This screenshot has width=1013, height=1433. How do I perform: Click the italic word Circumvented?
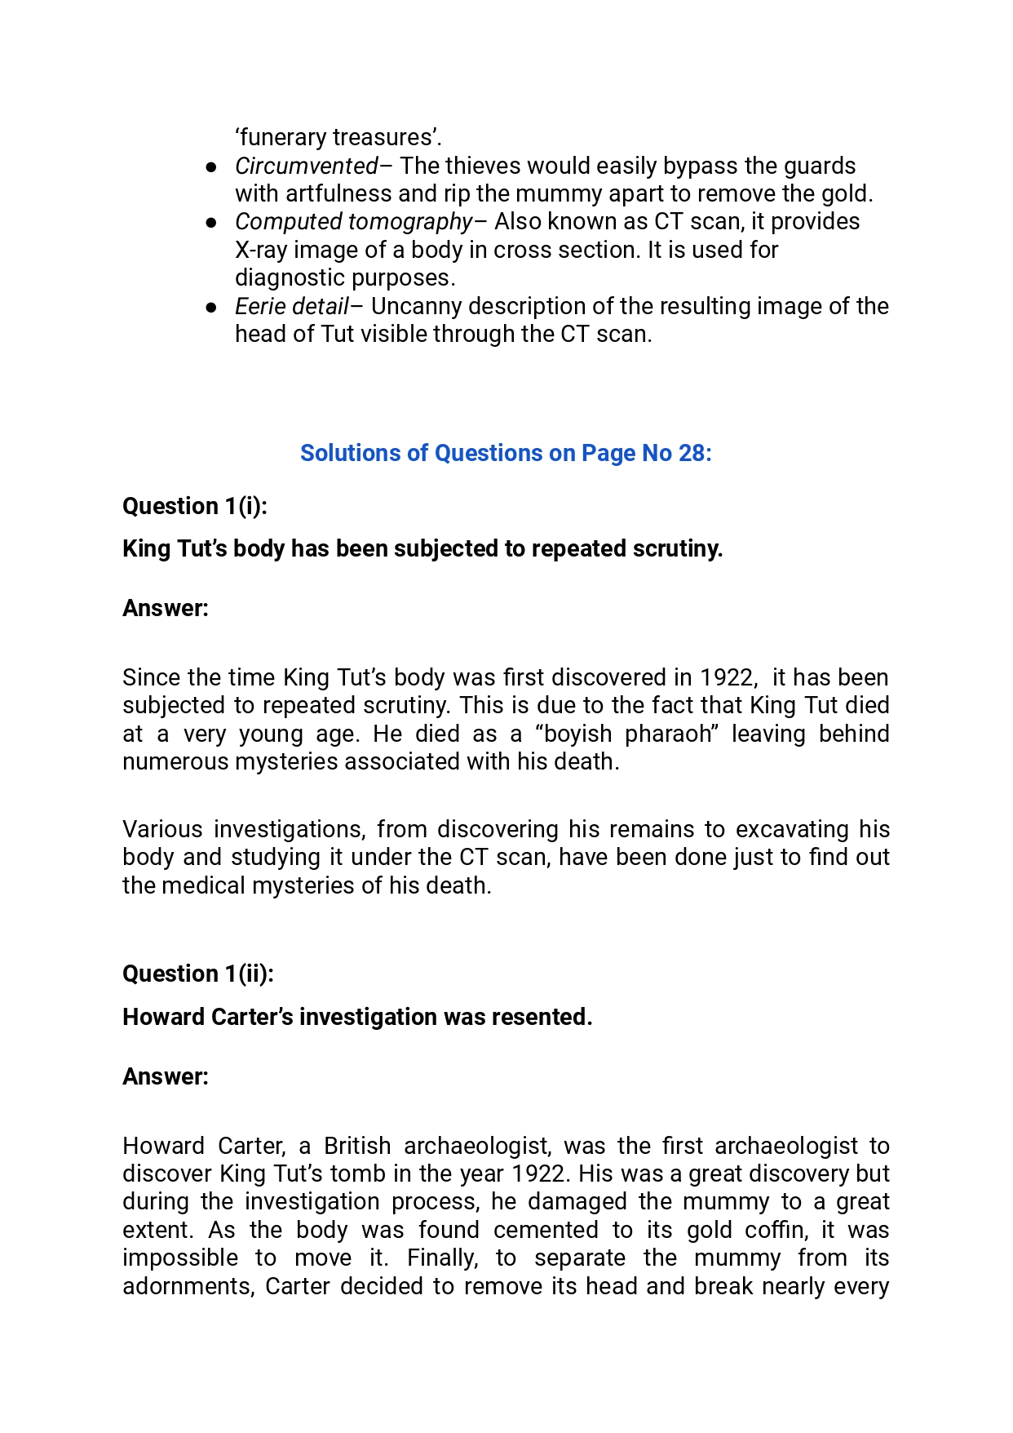(x=306, y=166)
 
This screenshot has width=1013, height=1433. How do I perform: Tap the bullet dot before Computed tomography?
(x=211, y=222)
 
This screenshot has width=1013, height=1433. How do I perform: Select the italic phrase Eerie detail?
(x=291, y=306)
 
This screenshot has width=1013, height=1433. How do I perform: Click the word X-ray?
(x=261, y=250)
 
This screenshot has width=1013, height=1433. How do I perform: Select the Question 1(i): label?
(x=195, y=506)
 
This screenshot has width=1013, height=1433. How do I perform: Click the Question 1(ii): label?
(x=198, y=974)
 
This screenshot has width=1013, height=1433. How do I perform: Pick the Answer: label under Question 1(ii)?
(x=166, y=1076)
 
